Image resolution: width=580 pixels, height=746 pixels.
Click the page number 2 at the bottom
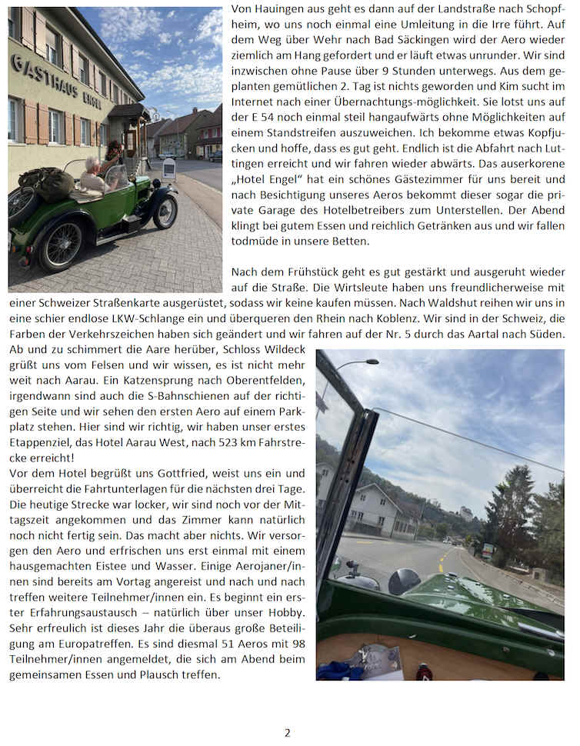click(288, 733)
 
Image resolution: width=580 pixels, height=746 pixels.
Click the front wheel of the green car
click(164, 211)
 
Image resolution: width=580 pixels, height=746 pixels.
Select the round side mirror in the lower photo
click(404, 582)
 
